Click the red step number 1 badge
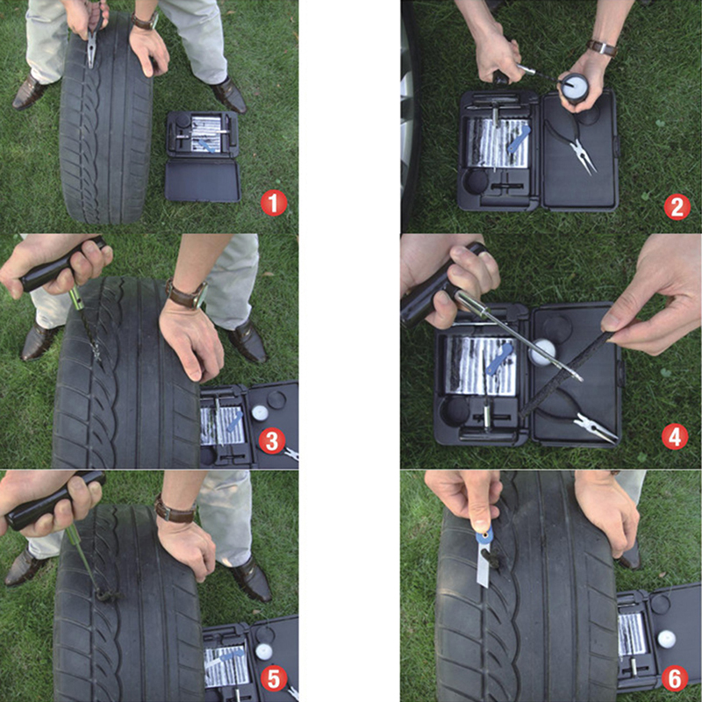point(274,204)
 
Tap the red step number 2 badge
point(677,207)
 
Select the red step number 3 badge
point(272,441)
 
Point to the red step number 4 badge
point(675,436)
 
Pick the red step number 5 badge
point(274,678)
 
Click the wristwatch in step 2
point(603,47)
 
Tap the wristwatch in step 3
point(187,294)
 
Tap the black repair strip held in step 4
point(565,375)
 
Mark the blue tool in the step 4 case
point(498,358)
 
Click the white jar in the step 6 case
point(666,639)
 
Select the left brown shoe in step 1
point(29,92)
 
